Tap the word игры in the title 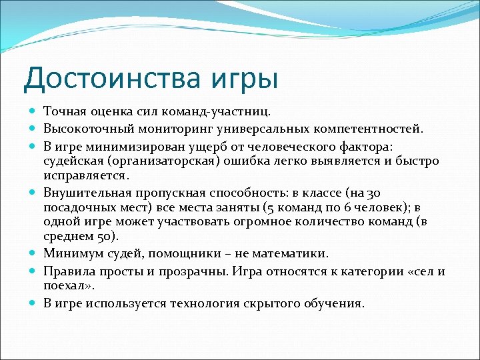pos(247,79)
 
